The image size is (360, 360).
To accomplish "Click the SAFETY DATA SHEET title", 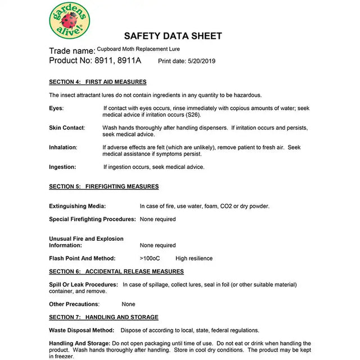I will [173, 36].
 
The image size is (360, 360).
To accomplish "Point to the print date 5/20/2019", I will [200, 61].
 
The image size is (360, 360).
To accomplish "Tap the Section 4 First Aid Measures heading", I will [98, 82].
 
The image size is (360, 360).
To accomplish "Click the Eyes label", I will [56, 108].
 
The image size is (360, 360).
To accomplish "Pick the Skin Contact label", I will [66, 128].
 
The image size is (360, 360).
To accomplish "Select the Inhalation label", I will [63, 147].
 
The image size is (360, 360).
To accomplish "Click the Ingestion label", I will [62, 167].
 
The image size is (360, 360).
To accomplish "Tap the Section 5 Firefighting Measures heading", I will [104, 187].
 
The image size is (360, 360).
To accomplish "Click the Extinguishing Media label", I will [77, 206].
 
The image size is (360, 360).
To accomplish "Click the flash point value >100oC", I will [150, 259].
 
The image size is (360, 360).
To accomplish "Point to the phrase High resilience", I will [194, 259].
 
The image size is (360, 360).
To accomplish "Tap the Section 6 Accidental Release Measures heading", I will [116, 272].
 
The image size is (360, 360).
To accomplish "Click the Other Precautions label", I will [74, 304].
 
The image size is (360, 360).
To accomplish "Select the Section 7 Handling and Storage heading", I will [103, 317].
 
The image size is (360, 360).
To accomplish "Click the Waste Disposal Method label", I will [81, 330].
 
